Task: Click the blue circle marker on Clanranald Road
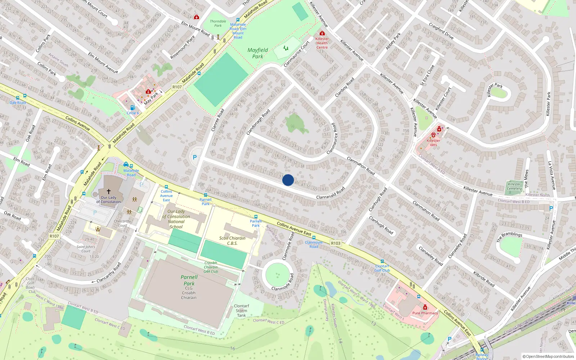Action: point(288,180)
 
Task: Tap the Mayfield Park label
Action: point(257,53)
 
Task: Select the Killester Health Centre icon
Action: point(322,33)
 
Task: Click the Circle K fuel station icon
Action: point(132,108)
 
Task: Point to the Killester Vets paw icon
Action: point(433,135)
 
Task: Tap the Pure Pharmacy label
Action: point(425,313)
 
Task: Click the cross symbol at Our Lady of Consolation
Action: point(108,192)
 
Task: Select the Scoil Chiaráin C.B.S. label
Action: point(232,240)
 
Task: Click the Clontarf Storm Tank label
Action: point(241,311)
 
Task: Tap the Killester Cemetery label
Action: point(514,186)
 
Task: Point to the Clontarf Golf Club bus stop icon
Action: point(382,261)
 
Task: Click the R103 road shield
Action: point(336,243)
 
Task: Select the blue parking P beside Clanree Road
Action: point(195,157)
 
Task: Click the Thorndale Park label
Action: point(218,23)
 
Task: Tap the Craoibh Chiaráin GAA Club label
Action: point(211,267)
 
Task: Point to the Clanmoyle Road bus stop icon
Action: point(314,238)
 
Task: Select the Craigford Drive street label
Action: point(441,31)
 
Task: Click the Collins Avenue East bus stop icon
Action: point(166,187)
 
